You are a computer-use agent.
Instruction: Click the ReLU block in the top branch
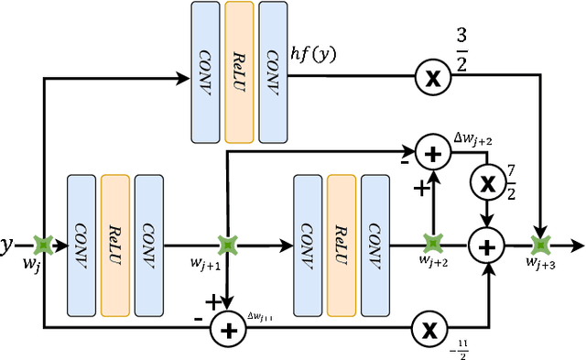[x=239, y=71]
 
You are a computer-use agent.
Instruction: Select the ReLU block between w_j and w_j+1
[x=115, y=245]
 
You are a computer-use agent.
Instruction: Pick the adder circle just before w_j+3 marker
[x=486, y=245]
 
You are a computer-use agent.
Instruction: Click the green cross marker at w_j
[x=41, y=245]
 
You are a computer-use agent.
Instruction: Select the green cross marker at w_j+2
[x=431, y=245]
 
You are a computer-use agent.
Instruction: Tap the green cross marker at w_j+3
[x=540, y=245]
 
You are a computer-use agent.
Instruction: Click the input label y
[x=8, y=245]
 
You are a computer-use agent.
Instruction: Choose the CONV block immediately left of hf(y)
[x=272, y=71]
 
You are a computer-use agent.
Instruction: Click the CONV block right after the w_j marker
[x=82, y=245]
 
